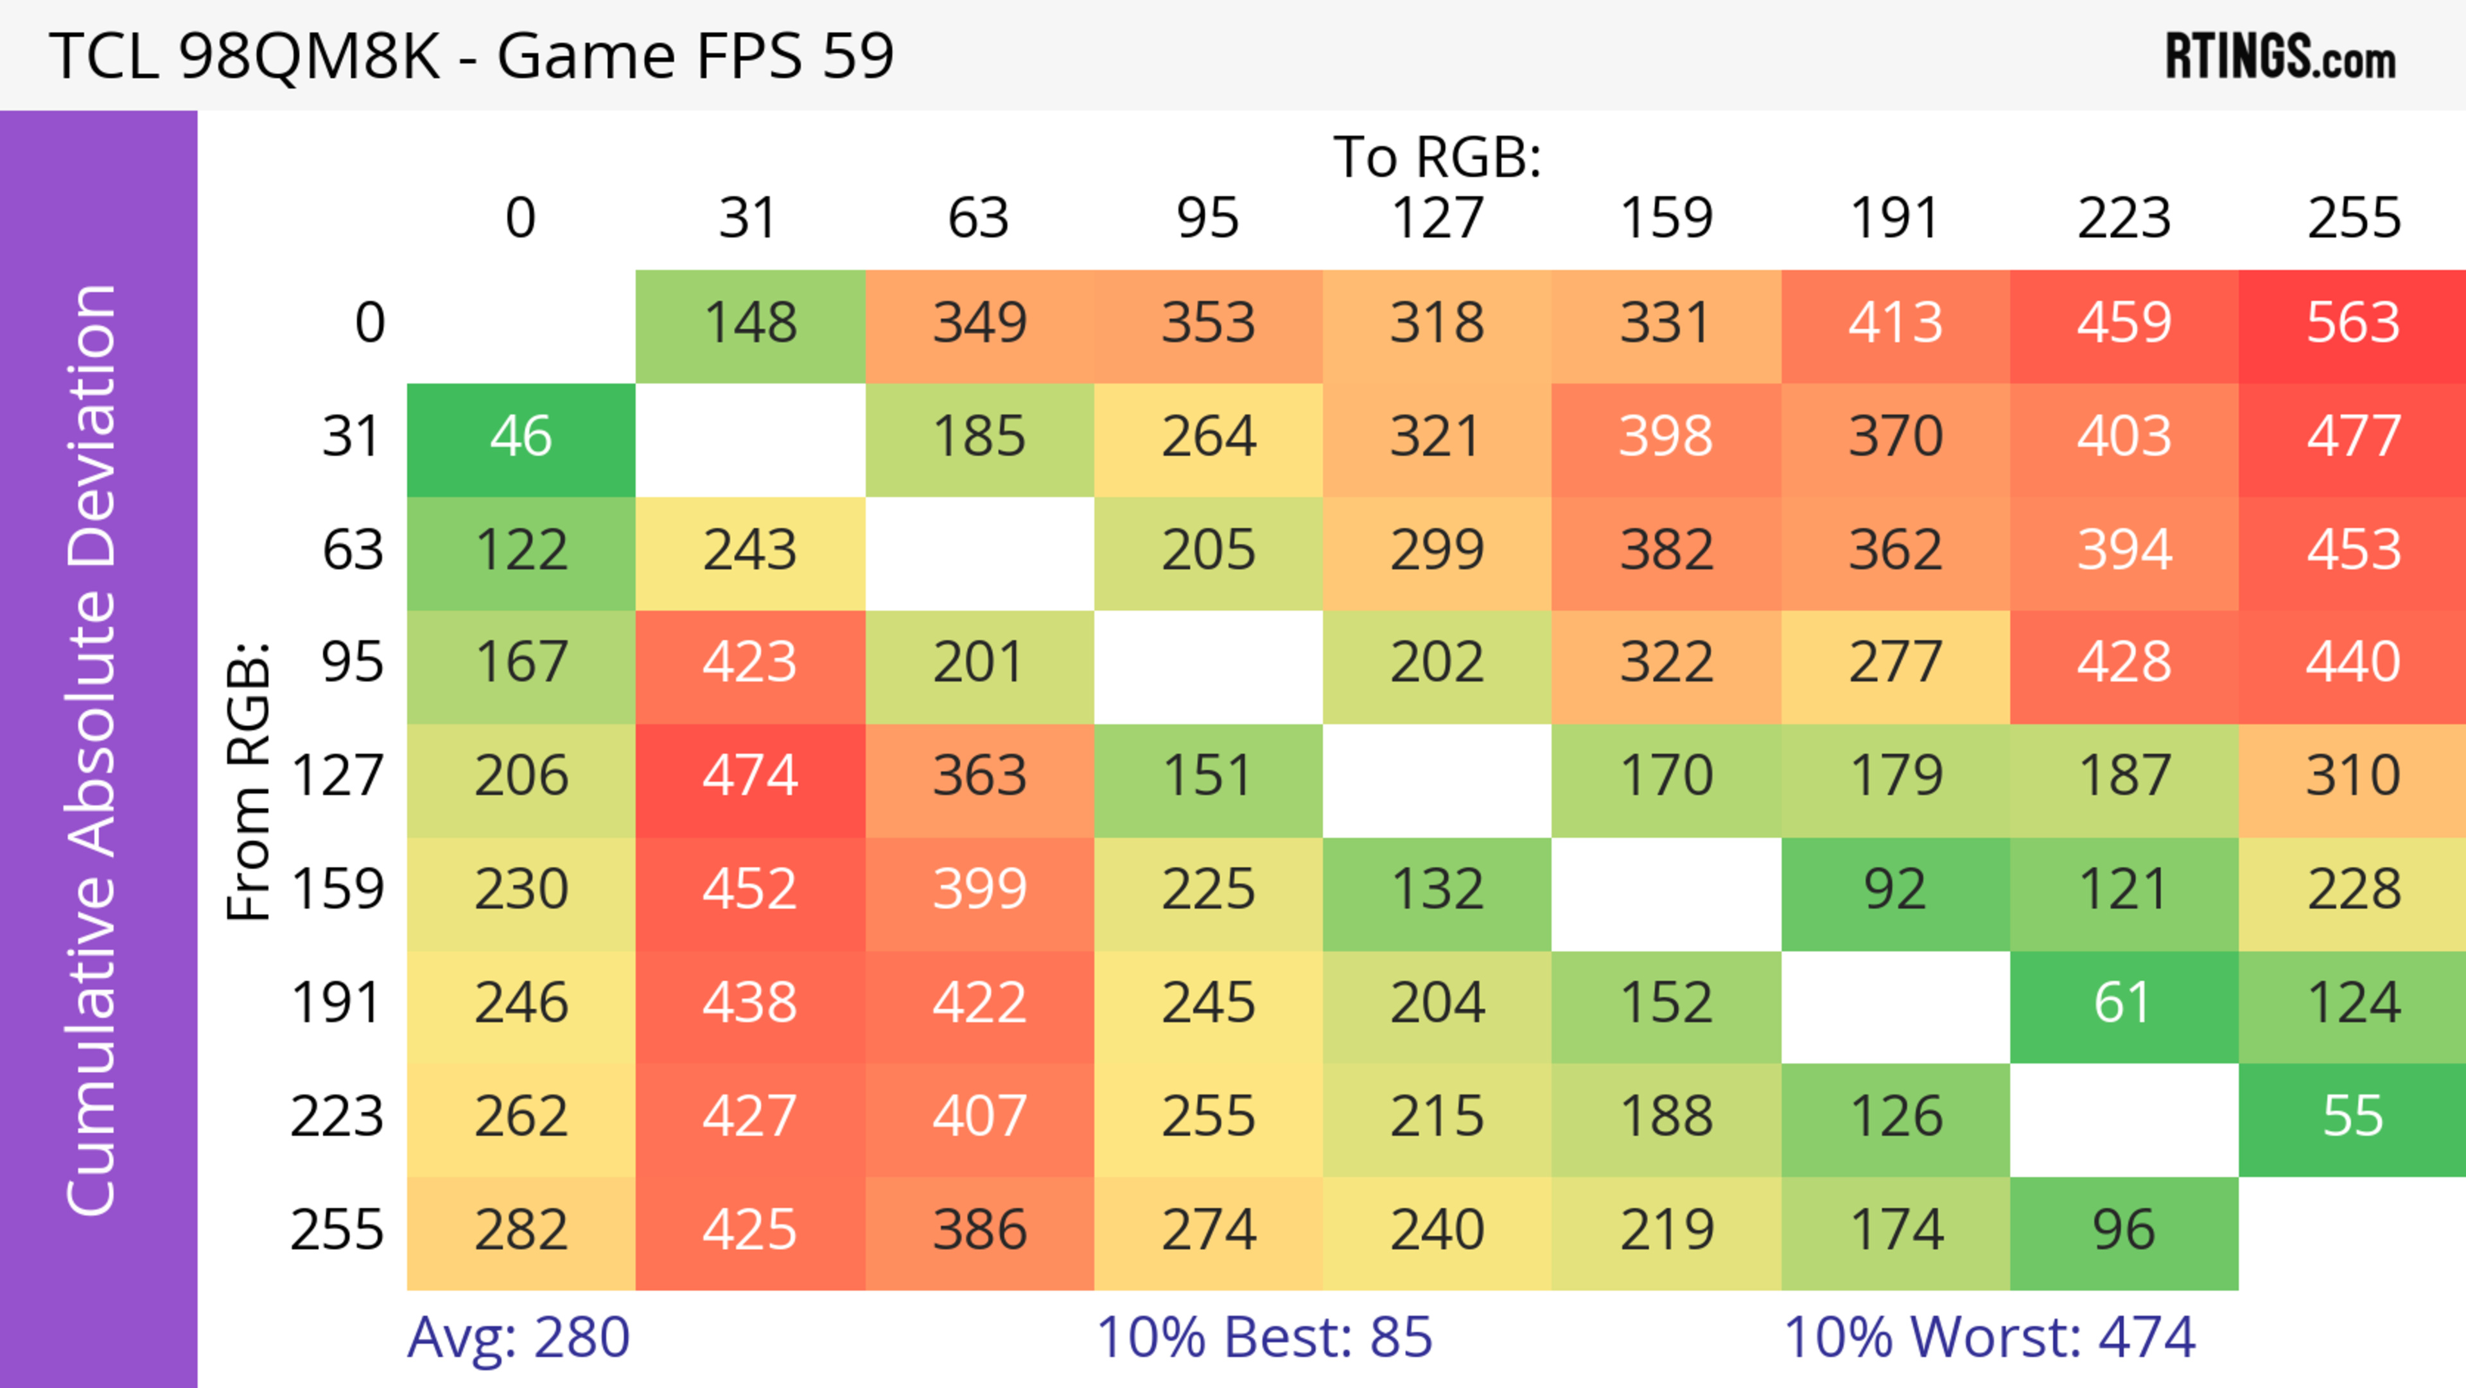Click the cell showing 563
pos(2352,324)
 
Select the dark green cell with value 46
pos(521,437)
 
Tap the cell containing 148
pos(751,324)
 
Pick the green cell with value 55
pos(2352,1117)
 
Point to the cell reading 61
pos(2123,1004)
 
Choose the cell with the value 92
pos(1894,890)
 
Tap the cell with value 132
pos(1437,890)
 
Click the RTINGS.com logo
pos(2280,57)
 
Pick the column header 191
pos(1894,218)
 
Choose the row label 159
pos(338,890)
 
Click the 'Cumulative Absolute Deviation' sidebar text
pos(93,750)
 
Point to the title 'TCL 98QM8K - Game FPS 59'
pos(471,55)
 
